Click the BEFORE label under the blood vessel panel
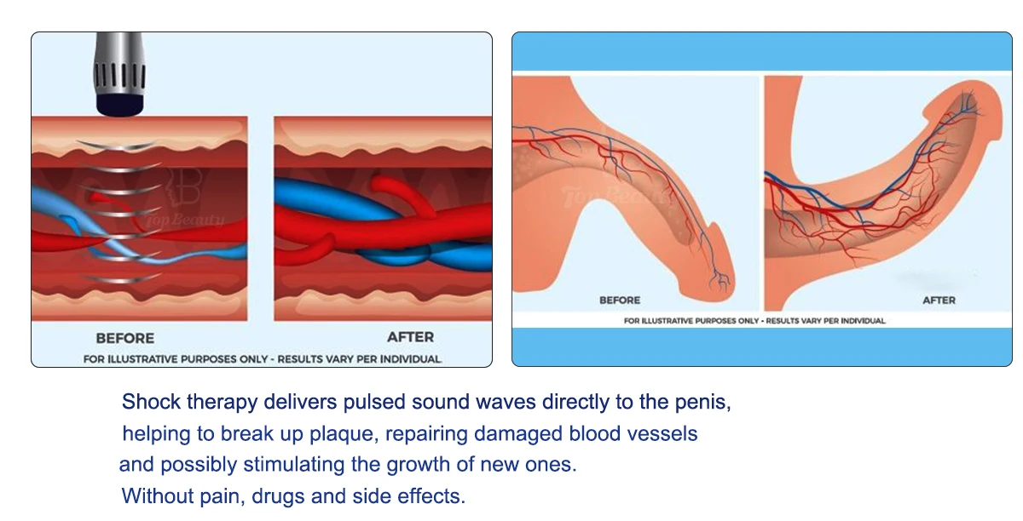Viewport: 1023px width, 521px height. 125,338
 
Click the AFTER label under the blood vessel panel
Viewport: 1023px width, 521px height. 411,337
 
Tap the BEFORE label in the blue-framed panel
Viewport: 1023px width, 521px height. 620,301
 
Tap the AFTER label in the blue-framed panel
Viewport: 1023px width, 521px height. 939,301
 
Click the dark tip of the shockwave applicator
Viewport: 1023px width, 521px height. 119,104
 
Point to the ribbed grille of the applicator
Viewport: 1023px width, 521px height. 119,75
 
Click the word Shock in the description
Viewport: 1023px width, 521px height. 151,402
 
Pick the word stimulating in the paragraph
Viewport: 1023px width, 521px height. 294,465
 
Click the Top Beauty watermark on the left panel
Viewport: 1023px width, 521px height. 185,220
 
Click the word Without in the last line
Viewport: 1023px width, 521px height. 157,496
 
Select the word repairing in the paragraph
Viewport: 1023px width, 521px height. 426,434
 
